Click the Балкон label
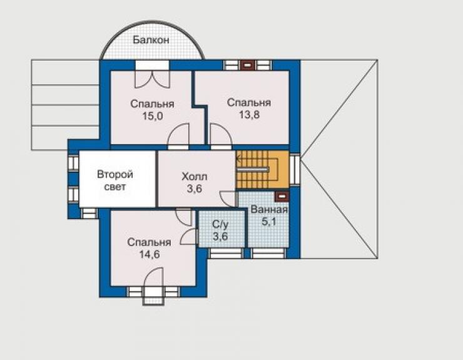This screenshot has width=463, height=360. point(151,39)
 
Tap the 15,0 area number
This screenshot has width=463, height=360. point(153,116)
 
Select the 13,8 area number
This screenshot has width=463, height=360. point(249,115)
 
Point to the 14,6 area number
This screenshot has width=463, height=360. point(150,254)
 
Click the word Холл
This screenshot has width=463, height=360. point(195,177)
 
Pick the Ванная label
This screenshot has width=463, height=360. point(268,210)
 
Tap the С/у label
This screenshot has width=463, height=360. point(220,225)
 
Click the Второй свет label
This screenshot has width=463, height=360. point(115,180)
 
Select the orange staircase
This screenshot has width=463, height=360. point(262,169)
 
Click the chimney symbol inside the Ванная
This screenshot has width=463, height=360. point(282,196)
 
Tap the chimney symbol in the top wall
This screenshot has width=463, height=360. point(248,65)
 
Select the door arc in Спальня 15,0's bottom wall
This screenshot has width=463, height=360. point(178,134)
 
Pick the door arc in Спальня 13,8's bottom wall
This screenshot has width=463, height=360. point(221,134)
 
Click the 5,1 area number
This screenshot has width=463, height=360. point(268,222)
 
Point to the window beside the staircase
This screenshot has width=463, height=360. point(295,169)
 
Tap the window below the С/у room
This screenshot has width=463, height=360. point(225,254)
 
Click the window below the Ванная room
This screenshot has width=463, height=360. point(268,254)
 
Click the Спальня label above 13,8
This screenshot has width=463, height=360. point(249,103)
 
